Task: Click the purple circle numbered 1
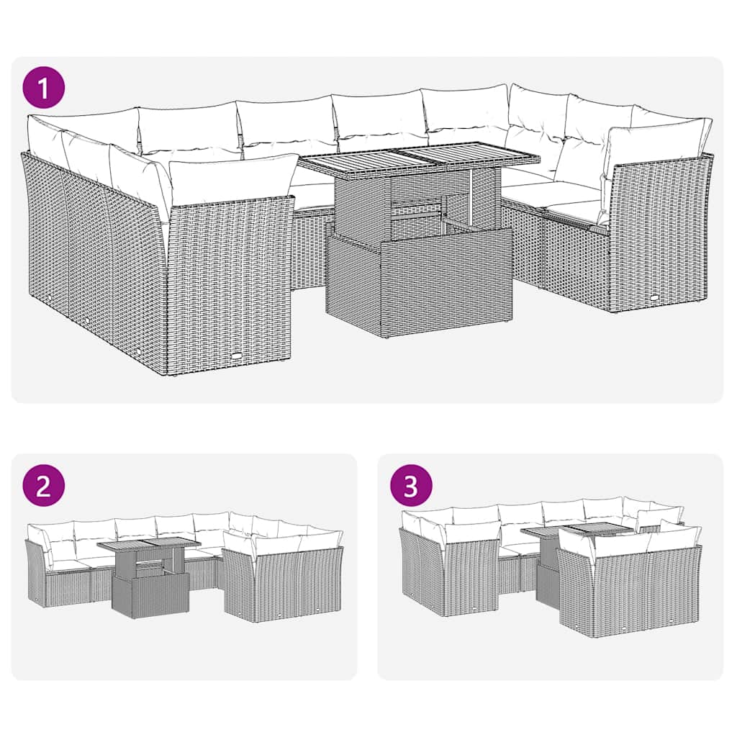[x=44, y=89]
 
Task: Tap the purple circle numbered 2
[x=44, y=487]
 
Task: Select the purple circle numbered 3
[x=411, y=487]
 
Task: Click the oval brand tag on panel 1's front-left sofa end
[x=238, y=353]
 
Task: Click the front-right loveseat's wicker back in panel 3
[x=626, y=594]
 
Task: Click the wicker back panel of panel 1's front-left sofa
[x=230, y=281]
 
